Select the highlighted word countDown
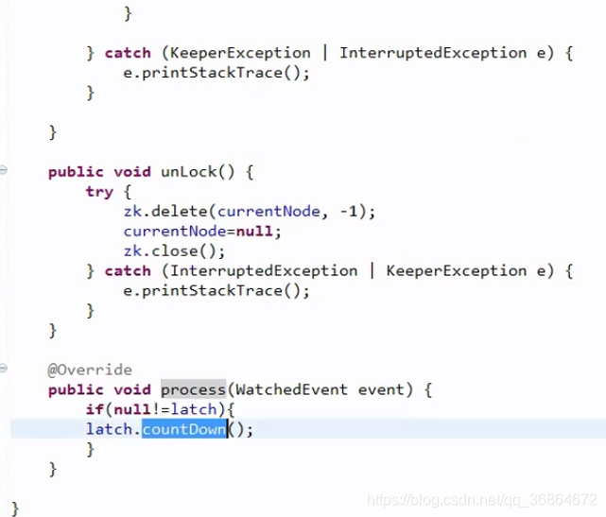click(x=184, y=429)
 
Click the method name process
click(x=193, y=389)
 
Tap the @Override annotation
click(x=90, y=370)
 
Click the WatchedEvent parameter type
click(x=283, y=389)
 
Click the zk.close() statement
click(x=174, y=250)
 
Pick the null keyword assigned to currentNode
click(x=258, y=232)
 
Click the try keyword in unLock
click(x=99, y=192)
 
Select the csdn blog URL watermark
click(x=481, y=498)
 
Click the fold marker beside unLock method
click(x=4, y=169)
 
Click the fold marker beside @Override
click(x=4, y=368)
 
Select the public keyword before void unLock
click(x=76, y=171)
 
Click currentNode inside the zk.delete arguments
click(x=271, y=212)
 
